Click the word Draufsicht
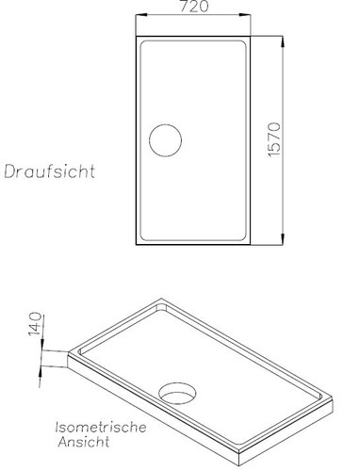54,172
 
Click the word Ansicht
79,441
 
